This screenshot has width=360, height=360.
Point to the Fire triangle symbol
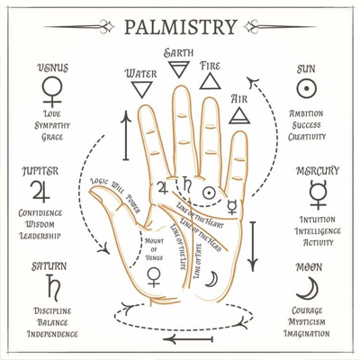click(x=209, y=82)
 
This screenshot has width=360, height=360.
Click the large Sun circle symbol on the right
click(x=308, y=88)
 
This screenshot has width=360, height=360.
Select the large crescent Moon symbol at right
click(x=307, y=287)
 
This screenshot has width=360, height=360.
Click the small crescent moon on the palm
click(x=211, y=278)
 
